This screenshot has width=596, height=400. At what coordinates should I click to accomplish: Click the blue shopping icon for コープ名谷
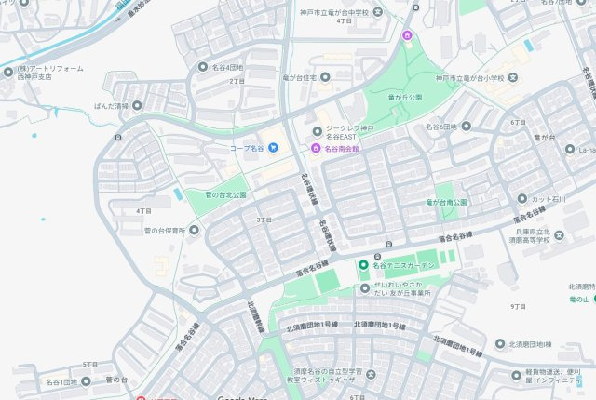coord(273,147)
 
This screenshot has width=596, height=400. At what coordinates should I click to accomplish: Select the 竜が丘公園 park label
coord(405,97)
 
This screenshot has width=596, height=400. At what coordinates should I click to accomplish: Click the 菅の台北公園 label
coord(226,195)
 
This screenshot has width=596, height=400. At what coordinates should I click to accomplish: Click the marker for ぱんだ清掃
coord(137,107)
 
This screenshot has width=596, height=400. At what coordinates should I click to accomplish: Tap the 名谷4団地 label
coord(226,67)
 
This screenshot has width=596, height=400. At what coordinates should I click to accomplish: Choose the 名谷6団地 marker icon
coord(466,127)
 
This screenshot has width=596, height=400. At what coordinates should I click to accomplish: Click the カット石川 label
coord(553,199)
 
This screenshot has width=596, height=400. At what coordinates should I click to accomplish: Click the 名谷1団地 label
coord(62,381)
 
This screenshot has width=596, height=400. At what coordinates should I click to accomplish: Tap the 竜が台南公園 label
coord(447,202)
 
